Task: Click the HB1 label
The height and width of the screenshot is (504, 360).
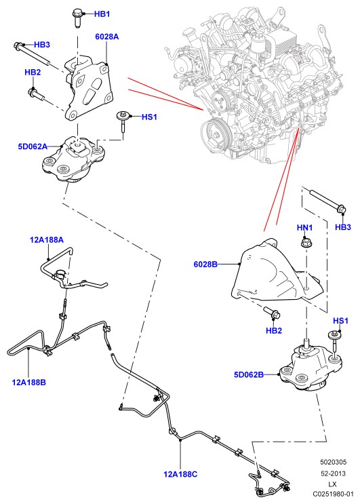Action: click(x=102, y=14)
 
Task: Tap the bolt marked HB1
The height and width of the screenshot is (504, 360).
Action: click(x=77, y=18)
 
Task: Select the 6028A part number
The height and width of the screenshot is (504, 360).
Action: click(x=107, y=37)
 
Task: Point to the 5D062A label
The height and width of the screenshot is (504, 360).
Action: click(x=33, y=147)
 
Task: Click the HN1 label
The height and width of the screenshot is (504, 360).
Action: click(x=304, y=227)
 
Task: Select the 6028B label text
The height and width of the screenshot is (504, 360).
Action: click(x=205, y=265)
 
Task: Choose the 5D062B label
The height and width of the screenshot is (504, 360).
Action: click(x=249, y=374)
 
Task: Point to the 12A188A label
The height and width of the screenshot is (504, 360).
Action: click(x=47, y=239)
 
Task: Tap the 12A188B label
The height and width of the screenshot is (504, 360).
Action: click(x=29, y=382)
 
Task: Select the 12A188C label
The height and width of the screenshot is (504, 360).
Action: click(x=180, y=473)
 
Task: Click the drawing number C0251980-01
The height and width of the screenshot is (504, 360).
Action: click(x=333, y=494)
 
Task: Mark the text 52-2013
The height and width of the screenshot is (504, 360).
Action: click(x=333, y=473)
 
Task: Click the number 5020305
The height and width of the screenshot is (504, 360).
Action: click(x=333, y=462)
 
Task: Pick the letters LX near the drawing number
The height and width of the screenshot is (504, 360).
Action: click(x=333, y=484)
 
